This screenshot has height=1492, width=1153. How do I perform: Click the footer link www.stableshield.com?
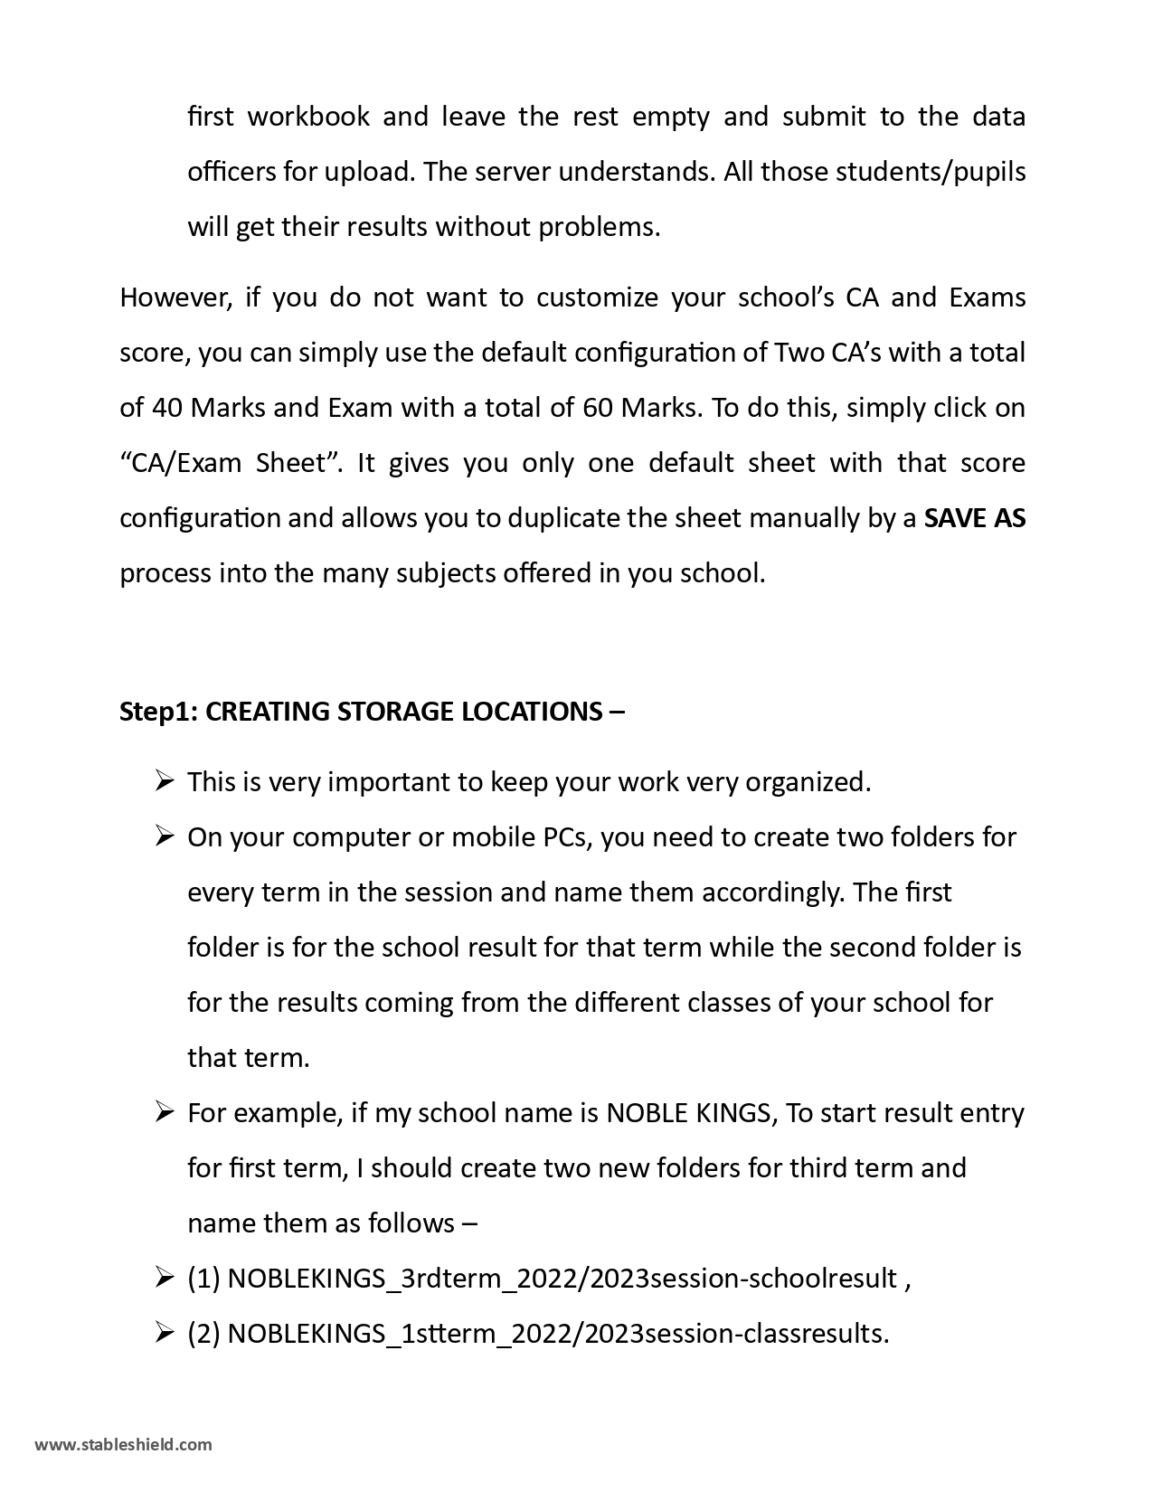tap(123, 1444)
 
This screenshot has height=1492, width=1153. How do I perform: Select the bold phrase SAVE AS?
tap(974, 518)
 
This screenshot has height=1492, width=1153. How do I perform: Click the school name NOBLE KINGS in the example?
tap(688, 1112)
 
